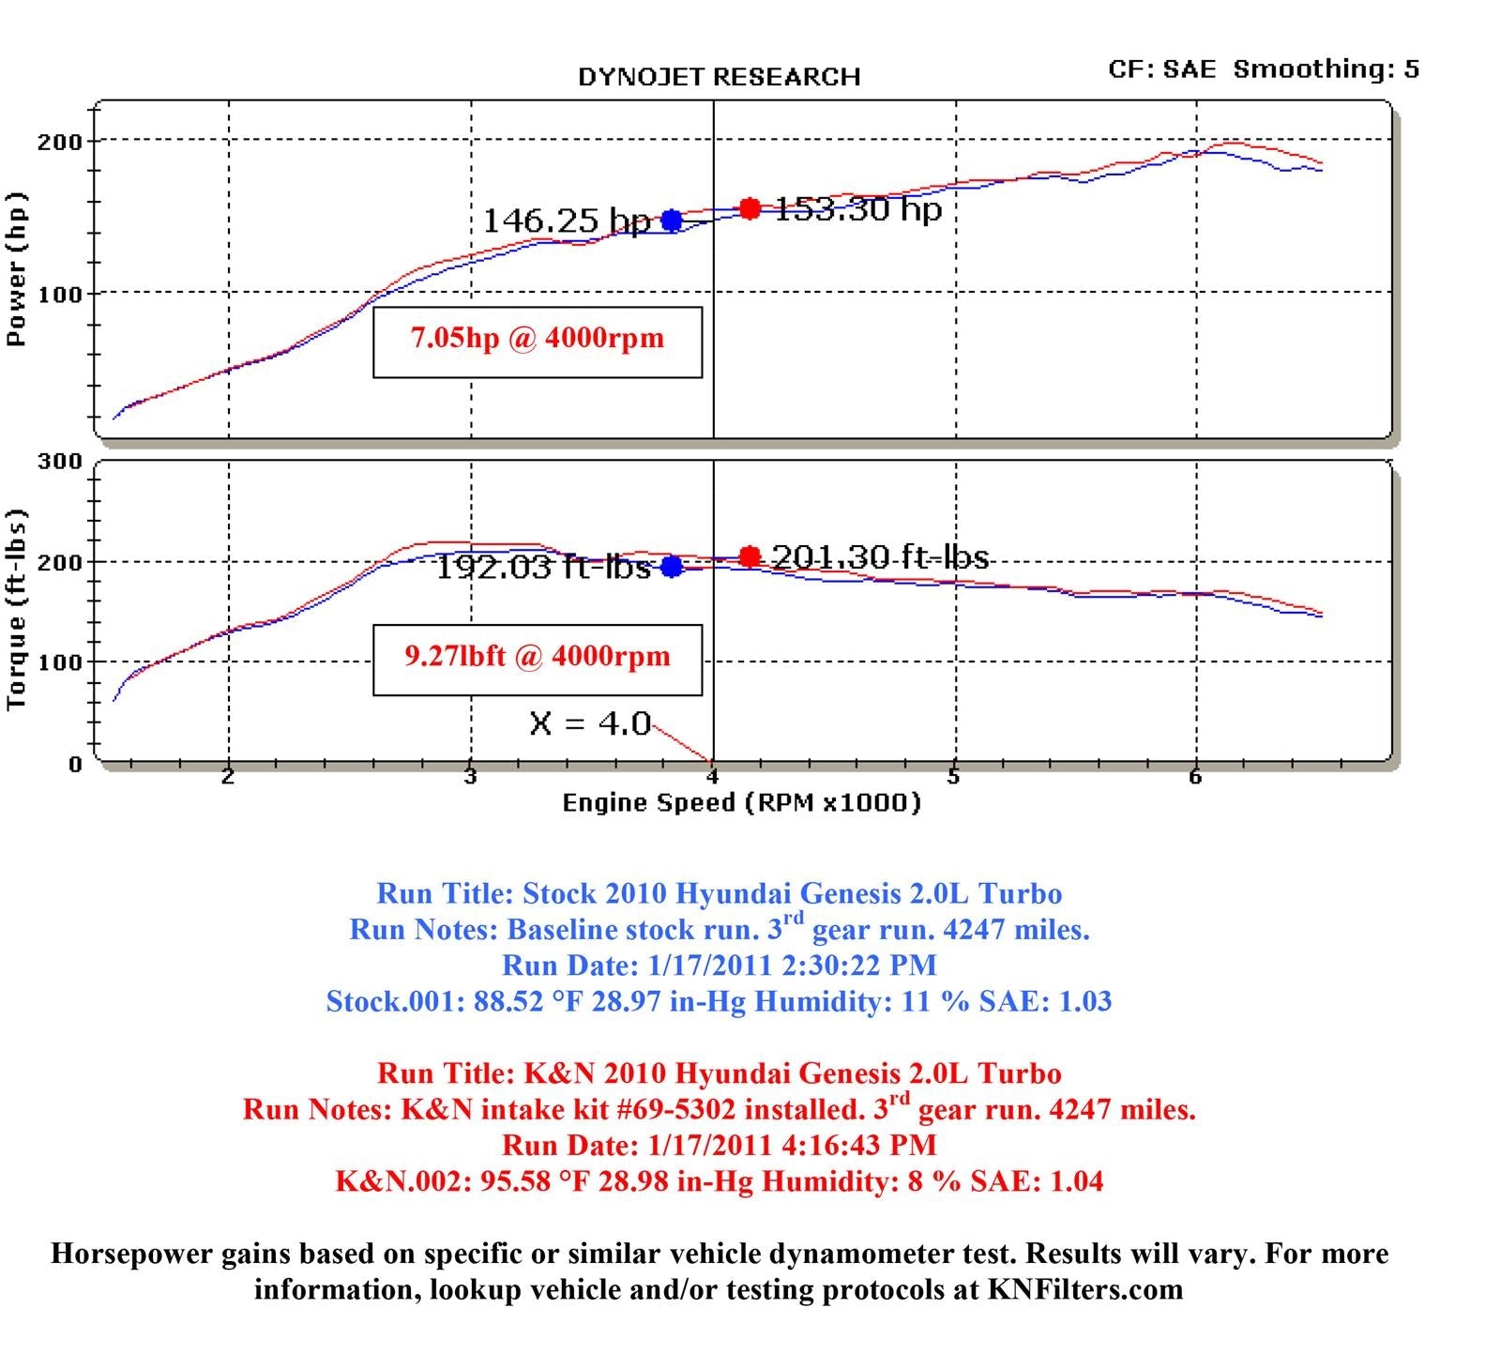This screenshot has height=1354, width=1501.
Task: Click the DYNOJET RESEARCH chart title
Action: click(x=719, y=77)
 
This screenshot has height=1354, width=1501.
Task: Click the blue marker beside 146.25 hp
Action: click(x=672, y=221)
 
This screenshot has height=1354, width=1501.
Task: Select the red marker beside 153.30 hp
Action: click(x=750, y=208)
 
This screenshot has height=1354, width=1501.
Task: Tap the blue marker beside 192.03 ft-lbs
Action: click(x=672, y=567)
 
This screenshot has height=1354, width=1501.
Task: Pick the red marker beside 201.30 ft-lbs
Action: click(x=750, y=556)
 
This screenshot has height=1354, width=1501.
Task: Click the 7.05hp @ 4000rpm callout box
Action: click(x=538, y=342)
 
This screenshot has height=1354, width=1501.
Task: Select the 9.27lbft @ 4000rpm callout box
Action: click(x=538, y=660)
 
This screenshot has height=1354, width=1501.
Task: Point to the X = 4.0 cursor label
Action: click(x=590, y=723)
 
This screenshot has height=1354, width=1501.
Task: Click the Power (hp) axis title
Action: click(x=17, y=270)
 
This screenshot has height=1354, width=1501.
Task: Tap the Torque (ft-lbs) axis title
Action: click(x=17, y=610)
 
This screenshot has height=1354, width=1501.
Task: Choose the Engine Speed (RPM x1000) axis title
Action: click(x=741, y=803)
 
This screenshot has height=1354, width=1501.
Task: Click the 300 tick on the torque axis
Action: click(x=60, y=462)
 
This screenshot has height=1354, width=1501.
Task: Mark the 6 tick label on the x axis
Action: click(x=1195, y=777)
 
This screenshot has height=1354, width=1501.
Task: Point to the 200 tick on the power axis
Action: click(x=60, y=143)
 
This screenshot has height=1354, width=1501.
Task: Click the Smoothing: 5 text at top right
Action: click(x=1326, y=69)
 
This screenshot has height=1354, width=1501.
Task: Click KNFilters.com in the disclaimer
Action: click(x=1084, y=1290)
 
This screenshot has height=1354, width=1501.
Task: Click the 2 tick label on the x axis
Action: click(x=228, y=777)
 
